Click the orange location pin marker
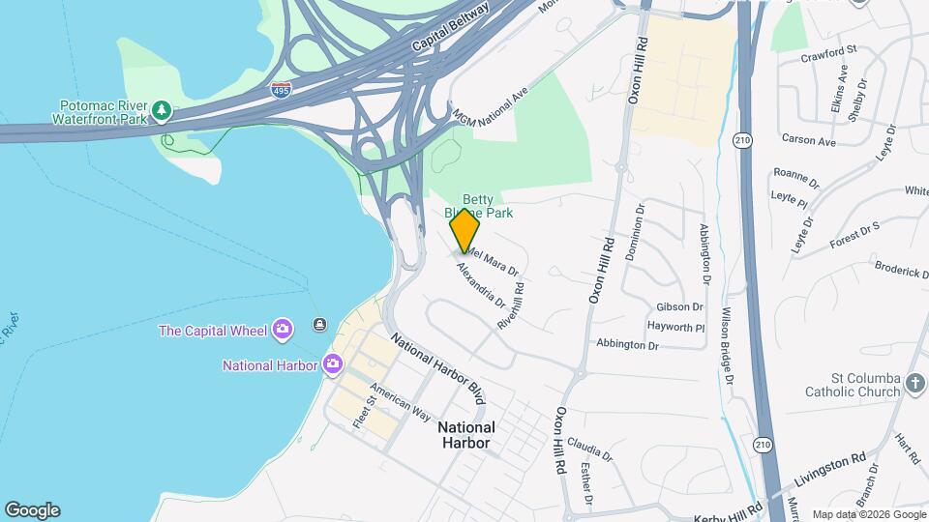pos(464,230)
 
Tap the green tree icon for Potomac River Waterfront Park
pos(163,112)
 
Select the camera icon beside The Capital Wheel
pos(282,331)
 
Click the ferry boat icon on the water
pos(319,325)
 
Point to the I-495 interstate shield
pos(281,89)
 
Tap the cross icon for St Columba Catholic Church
pos(915,385)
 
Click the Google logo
pos(32,510)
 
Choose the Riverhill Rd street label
pos(510,305)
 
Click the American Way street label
pos(400,402)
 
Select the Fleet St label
pos(364,414)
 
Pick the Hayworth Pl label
pos(675,328)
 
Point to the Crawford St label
pos(829,50)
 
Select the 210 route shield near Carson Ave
pos(743,139)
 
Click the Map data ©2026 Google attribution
pos(868,514)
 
